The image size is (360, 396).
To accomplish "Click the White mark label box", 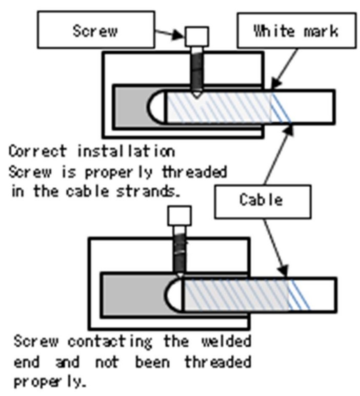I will tap(296, 30).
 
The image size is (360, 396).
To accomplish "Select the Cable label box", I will tap(261, 199).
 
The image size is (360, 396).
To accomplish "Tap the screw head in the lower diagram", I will tap(179, 215).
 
